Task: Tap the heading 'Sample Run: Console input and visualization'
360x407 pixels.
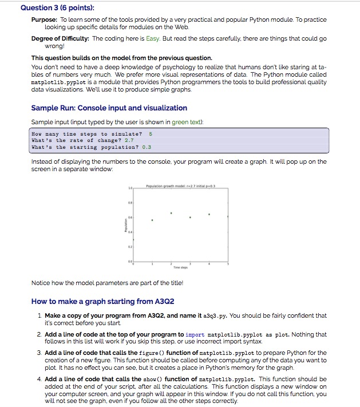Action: coord(109,108)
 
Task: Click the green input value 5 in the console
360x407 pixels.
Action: coord(150,133)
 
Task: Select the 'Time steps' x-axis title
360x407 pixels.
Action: coord(180,267)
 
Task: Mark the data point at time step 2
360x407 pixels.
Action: coord(171,212)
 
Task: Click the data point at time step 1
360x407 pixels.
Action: coord(152,220)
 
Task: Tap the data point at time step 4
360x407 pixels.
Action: coord(209,215)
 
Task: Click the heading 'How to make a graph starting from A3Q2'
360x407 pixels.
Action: coord(102,301)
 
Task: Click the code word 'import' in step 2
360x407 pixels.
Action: coord(195,334)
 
